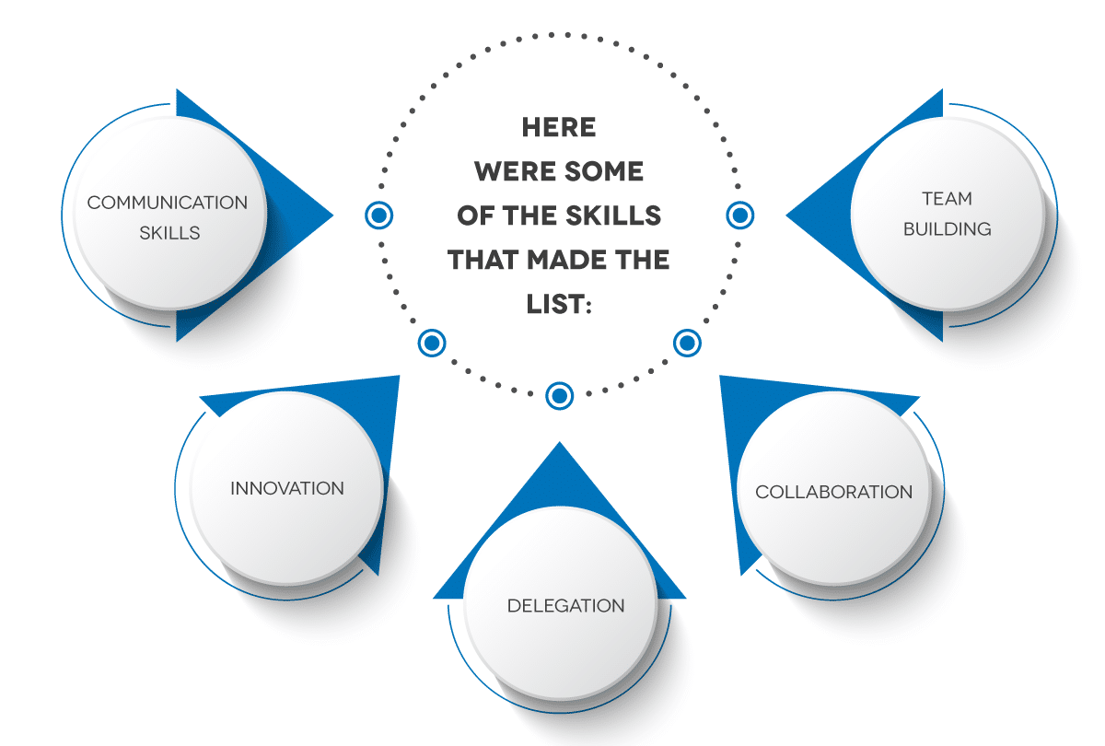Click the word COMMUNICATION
coord(168,203)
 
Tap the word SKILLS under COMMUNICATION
coord(169,233)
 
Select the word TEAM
coord(948,199)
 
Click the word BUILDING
coord(948,229)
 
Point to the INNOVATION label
coord(287,488)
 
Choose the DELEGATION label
coord(565,606)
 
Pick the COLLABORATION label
coord(833,492)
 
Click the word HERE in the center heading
coord(559,127)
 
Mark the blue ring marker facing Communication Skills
coord(378,216)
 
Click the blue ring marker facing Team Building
coord(740,216)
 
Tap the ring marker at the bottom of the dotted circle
coord(560,396)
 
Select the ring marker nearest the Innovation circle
coord(432,343)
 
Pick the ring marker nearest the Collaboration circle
coord(687,343)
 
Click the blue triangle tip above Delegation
coord(560,442)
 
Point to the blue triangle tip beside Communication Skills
coord(333,216)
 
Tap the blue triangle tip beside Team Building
coord(785,216)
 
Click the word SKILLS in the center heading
coord(613,216)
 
